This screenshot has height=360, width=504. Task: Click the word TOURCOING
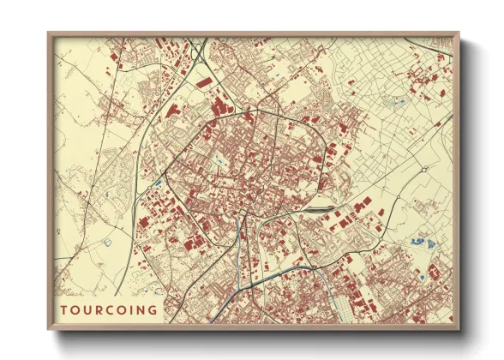tap(109, 309)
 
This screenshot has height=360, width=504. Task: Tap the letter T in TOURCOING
tap(64, 309)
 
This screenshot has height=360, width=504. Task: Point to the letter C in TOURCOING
tap(109, 309)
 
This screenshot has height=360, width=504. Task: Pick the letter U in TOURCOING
tap(87, 309)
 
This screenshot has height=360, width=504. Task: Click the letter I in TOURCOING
tap(131, 309)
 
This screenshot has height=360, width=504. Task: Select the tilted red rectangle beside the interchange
tap(204, 82)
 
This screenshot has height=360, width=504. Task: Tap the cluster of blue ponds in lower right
tap(418, 243)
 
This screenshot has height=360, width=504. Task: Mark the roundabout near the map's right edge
tap(423, 170)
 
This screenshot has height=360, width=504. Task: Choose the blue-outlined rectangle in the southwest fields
tap(108, 242)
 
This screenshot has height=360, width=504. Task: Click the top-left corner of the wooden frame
tap(48, 33)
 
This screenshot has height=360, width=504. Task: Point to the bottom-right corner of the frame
tap(459, 329)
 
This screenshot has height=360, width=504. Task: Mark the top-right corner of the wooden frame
tap(459, 33)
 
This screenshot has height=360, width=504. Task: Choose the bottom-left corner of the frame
tap(48, 329)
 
